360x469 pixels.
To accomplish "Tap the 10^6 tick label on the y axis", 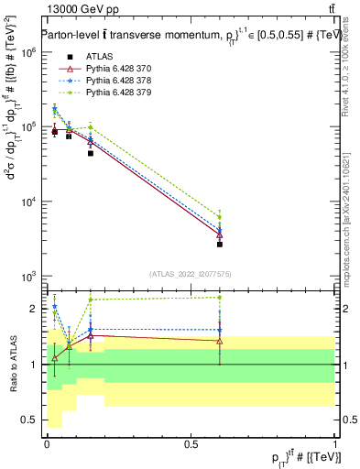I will (28, 53).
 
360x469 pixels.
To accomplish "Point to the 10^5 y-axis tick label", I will (28, 127).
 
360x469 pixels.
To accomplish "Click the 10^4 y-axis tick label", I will (28, 202).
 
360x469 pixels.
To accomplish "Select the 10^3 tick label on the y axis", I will (28, 276).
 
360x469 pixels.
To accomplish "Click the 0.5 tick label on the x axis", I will (191, 443).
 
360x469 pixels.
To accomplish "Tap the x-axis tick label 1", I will (335, 443).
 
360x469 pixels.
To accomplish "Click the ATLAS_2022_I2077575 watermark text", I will (191, 274).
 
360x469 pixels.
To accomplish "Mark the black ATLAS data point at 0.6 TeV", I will (220, 245).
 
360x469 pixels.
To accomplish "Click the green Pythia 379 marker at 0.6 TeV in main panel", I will (220, 217).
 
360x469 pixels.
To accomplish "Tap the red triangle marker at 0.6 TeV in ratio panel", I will (220, 341).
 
